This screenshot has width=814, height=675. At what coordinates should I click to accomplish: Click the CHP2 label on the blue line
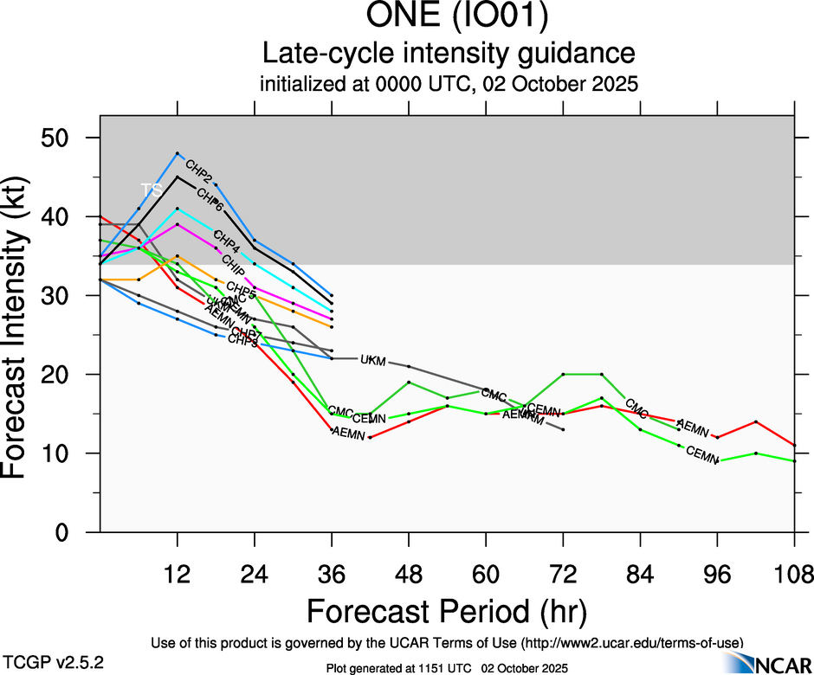(199, 170)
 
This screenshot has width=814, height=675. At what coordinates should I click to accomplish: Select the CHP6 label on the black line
(210, 200)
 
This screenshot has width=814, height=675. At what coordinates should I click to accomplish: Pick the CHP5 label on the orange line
(241, 288)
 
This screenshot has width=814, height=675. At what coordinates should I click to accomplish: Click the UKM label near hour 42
(372, 359)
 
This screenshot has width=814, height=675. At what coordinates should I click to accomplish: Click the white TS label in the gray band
(152, 189)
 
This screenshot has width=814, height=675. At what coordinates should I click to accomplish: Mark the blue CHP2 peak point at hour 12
(178, 153)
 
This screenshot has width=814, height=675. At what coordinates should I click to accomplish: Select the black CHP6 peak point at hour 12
(178, 177)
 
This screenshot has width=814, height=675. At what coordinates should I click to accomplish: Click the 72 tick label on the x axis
(563, 573)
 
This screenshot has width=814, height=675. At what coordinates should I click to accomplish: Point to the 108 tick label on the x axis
(795, 573)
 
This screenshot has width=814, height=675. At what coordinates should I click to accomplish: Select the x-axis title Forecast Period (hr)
(446, 612)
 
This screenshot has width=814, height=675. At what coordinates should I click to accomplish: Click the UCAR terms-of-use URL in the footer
(632, 642)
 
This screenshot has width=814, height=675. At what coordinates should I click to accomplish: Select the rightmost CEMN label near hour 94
(702, 453)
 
